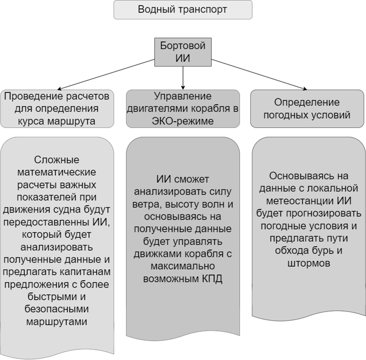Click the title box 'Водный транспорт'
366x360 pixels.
point(183,10)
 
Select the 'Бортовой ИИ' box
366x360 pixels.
point(183,52)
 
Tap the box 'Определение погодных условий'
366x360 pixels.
point(307,109)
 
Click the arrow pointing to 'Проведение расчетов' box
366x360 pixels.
point(106,74)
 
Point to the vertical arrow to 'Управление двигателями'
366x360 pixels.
point(183,78)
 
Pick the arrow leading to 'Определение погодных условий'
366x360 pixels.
point(259,74)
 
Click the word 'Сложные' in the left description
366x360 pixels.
point(57,160)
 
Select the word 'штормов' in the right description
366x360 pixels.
point(309,263)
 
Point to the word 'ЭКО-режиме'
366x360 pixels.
point(183,121)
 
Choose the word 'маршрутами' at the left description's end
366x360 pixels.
point(57,322)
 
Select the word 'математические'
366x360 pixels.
point(57,172)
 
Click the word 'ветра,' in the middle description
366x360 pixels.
point(148,204)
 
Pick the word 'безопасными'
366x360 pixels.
point(57,309)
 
